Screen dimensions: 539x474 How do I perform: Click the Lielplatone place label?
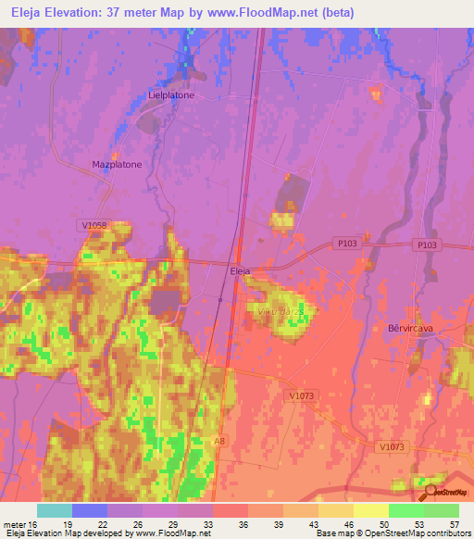pyautogui.click(x=170, y=94)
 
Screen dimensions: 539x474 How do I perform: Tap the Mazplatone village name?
pyautogui.click(x=117, y=164)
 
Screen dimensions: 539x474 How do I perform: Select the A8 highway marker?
pyautogui.click(x=218, y=442)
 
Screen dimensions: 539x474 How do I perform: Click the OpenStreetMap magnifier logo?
pyautogui.click(x=429, y=492)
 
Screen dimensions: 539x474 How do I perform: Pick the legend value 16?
pyautogui.click(x=32, y=524)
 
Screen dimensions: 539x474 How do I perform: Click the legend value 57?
pyautogui.click(x=454, y=524)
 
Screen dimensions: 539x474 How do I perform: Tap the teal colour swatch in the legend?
pyautogui.click(x=55, y=510)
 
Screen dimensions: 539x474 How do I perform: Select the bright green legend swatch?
pyautogui.click(x=405, y=510)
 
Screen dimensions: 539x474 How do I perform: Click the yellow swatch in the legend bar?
pyautogui.click(x=370, y=510)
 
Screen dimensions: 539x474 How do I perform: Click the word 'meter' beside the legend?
pyautogui.click(x=14, y=524)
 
